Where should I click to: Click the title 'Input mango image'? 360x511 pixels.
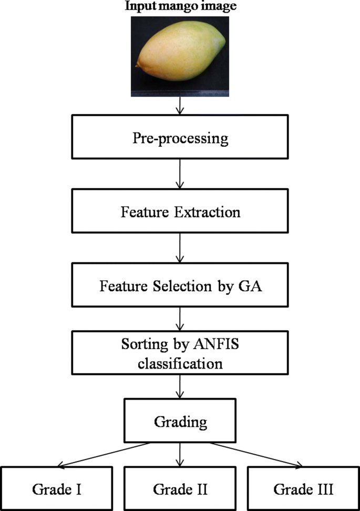click(x=180, y=7)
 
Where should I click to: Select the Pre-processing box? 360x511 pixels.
click(x=180, y=139)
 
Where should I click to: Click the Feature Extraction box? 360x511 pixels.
click(x=180, y=212)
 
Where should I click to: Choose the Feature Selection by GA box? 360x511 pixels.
click(x=180, y=287)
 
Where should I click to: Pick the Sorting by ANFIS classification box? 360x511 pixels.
click(x=180, y=355)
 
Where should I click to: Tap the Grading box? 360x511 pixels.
click(x=180, y=422)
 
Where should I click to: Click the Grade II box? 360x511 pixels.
click(x=180, y=489)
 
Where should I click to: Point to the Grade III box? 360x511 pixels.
click(x=303, y=489)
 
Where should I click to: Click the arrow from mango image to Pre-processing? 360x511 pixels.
click(x=180, y=108)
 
